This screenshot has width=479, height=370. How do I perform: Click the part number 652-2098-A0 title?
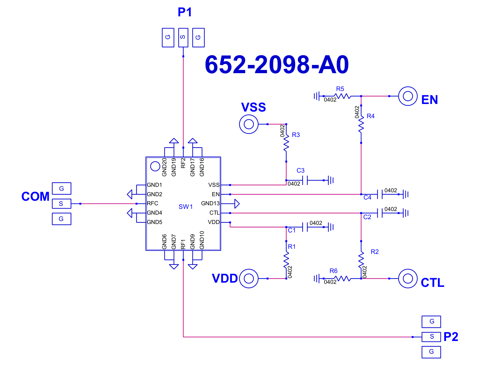[x=277, y=64]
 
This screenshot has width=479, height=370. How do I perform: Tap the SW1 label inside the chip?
[x=185, y=207]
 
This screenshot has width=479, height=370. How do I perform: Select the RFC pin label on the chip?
[x=152, y=203]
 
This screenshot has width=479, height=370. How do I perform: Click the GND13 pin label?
[x=210, y=203]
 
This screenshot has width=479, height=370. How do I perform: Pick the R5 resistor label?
[x=340, y=89]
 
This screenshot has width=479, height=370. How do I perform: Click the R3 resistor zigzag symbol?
[x=286, y=143]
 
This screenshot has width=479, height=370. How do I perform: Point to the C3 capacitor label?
[x=301, y=170]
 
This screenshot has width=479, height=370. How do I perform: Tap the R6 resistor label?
[x=333, y=271]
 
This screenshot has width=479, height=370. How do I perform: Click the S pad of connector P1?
[x=183, y=37]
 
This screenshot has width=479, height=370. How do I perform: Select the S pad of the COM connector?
[x=61, y=204]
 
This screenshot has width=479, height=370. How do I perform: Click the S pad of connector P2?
[x=431, y=337]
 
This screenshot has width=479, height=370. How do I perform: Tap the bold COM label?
[x=35, y=196]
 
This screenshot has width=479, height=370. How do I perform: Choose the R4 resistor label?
[x=370, y=116]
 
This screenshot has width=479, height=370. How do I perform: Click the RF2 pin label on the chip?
[x=183, y=163]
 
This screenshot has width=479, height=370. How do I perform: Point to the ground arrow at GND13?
[x=237, y=204]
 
